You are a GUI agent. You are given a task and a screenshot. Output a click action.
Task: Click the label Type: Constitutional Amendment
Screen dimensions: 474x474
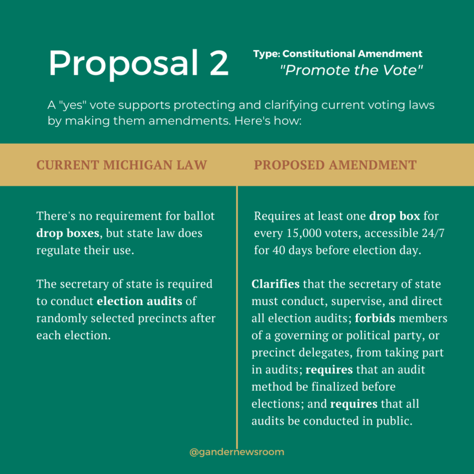coord(338,54)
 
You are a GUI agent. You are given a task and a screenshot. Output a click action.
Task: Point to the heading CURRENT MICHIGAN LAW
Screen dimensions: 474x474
coord(122,165)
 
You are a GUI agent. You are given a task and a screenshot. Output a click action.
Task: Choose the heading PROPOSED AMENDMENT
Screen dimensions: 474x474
coord(335,165)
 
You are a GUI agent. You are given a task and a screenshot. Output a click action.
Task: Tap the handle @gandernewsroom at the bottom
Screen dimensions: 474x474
coord(236,452)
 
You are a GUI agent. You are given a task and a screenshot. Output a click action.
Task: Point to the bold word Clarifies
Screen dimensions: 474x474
coord(275,284)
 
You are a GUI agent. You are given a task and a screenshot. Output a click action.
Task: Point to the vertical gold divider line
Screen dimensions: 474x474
coord(237,316)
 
